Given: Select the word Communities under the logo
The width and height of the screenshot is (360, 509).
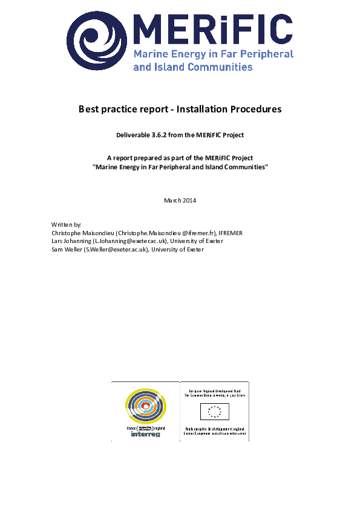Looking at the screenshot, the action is coord(219,67).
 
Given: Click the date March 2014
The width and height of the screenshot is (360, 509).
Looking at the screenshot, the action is coord(180,200).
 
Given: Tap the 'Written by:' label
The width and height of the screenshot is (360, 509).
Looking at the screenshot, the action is coord(67,224).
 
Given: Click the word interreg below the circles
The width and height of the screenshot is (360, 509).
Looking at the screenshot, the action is coord(145,434).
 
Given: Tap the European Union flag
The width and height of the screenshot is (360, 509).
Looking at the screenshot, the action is coord(214,412).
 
